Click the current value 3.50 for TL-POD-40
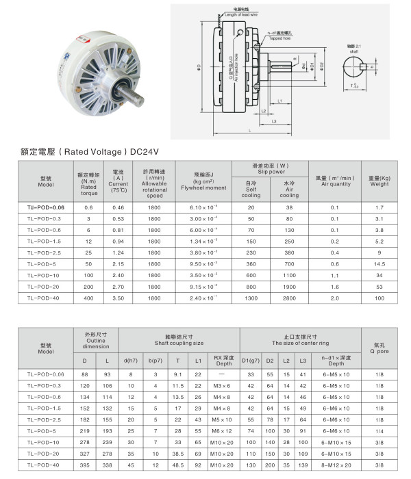coord(118,298)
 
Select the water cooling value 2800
coord(288,298)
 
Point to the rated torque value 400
coord(88,298)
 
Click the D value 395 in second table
coord(85,465)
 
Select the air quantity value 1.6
coord(335,287)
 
